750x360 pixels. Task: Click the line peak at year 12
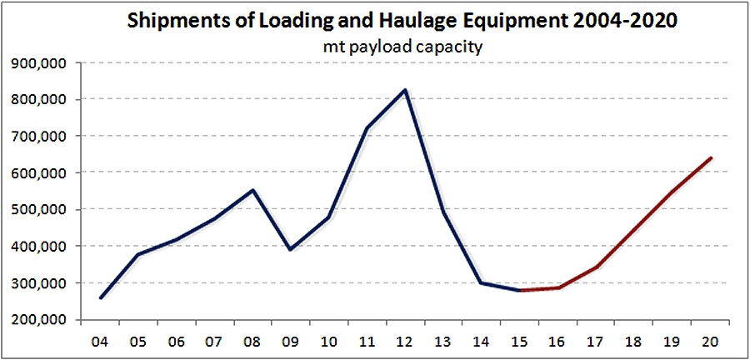click(405, 90)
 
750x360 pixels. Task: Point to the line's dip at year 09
click(289, 249)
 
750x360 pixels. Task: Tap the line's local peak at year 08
click(252, 190)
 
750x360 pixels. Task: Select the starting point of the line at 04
click(101, 297)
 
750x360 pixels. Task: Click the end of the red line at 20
click(710, 157)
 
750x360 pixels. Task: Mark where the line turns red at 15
click(520, 290)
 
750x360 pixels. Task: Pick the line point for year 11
click(367, 128)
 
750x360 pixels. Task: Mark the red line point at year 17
click(596, 267)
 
